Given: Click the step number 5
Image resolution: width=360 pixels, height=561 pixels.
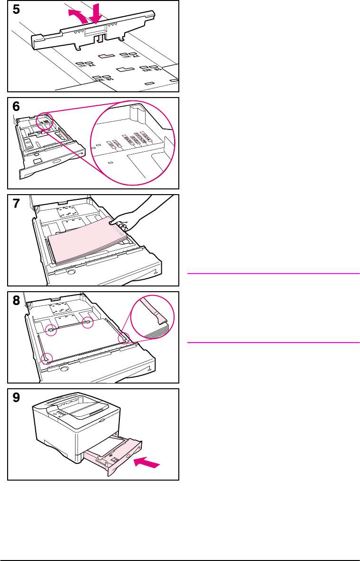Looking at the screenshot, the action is tap(17, 10).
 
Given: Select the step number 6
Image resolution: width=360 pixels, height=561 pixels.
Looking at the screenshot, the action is tap(17, 108).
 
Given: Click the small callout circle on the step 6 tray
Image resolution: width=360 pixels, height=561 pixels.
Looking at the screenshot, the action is tap(45, 123).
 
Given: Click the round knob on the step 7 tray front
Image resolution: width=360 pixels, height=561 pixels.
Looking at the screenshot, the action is tap(71, 273).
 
